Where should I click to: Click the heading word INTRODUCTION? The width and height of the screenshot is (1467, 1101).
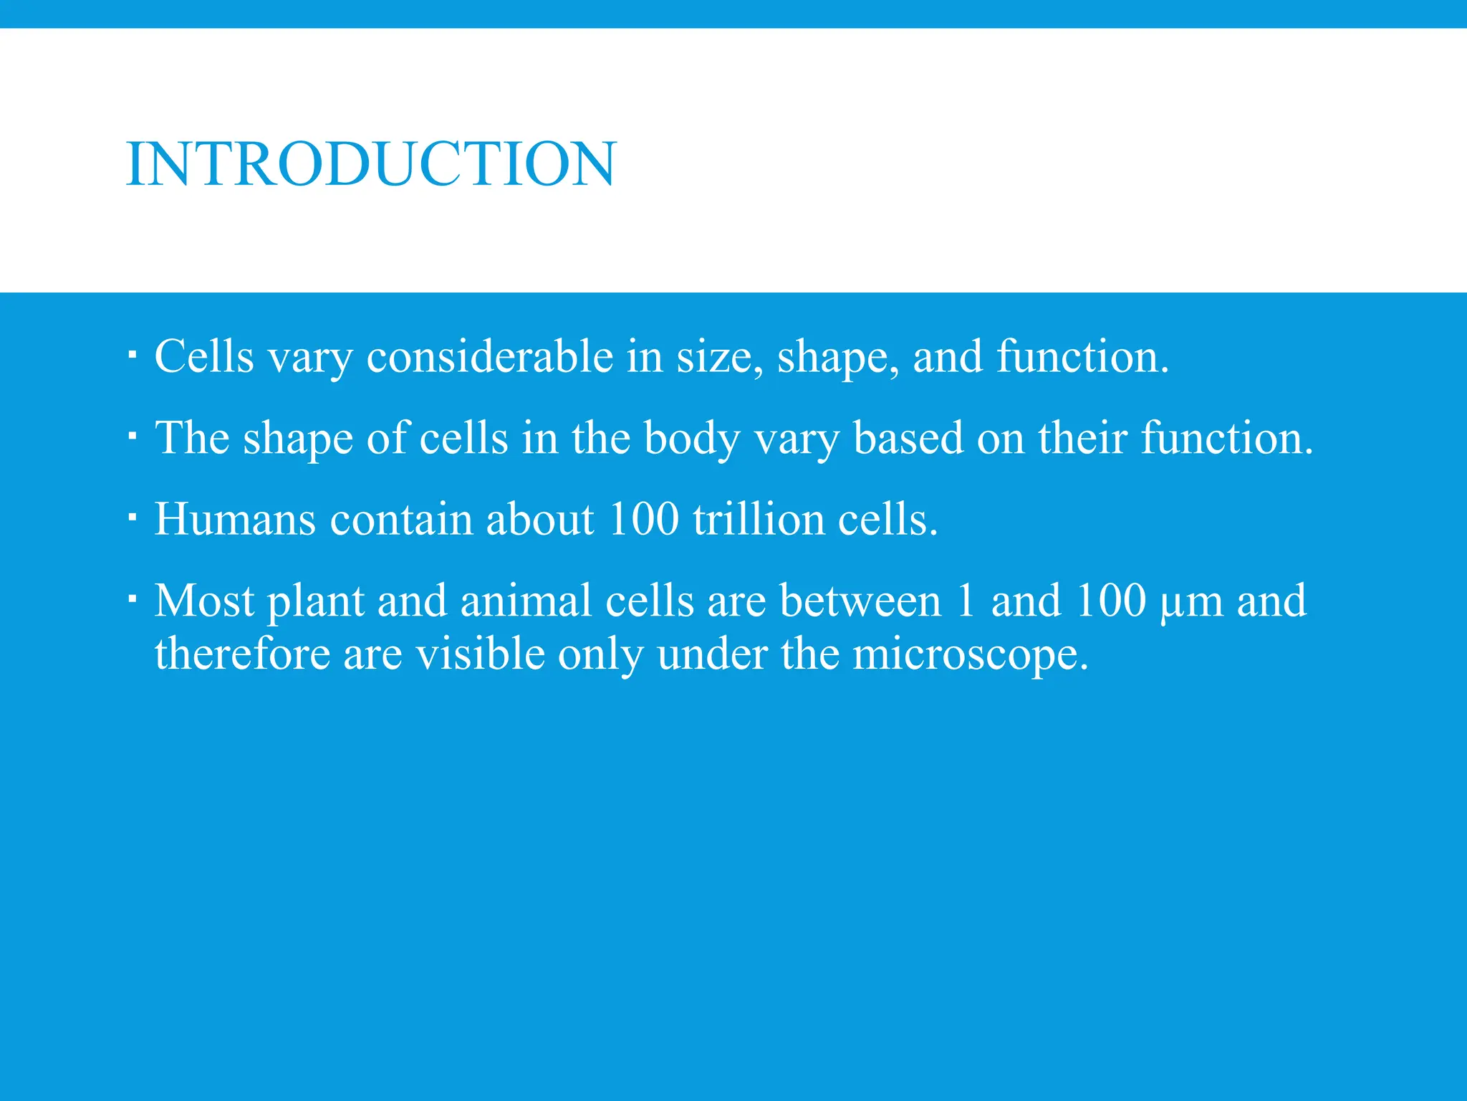click(370, 164)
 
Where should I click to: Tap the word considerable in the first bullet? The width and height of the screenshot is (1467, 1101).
click(490, 356)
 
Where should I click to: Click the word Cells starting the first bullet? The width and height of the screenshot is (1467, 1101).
click(204, 356)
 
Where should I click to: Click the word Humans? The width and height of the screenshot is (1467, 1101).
click(235, 519)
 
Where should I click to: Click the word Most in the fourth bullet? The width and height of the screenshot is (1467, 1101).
click(204, 601)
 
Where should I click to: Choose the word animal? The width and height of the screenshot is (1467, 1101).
click(526, 601)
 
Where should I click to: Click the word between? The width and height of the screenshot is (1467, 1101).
click(860, 601)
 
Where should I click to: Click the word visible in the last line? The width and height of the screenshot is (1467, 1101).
click(481, 654)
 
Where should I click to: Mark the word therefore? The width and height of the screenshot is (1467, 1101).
click(242, 654)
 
